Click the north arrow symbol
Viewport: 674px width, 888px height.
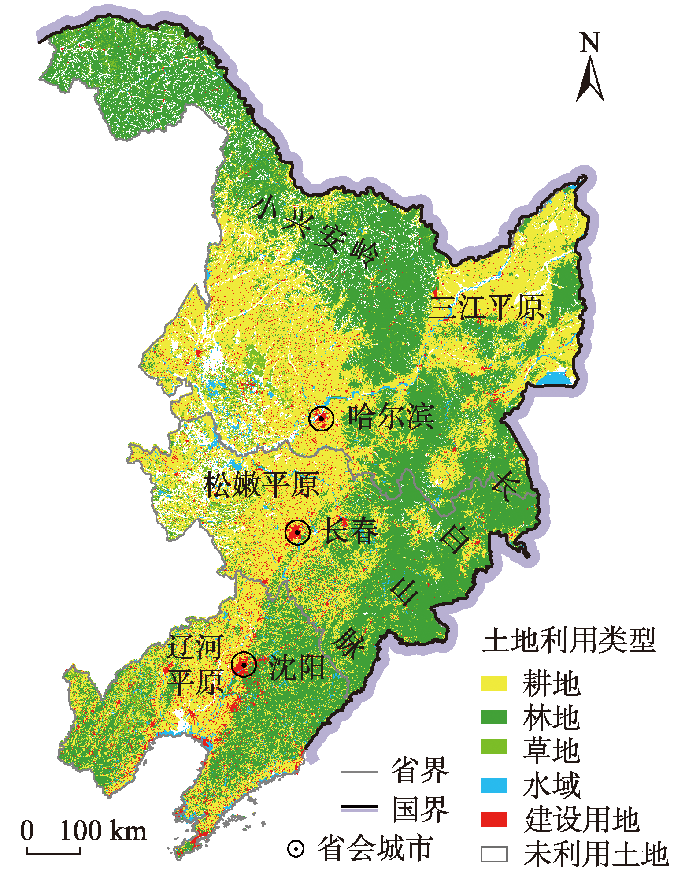590,79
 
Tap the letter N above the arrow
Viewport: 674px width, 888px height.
590,43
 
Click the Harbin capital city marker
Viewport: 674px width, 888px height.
322,418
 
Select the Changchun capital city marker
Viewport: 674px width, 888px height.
297,532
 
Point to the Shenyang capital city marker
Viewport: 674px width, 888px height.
244,664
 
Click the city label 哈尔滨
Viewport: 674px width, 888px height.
392,416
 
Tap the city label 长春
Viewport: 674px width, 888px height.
350,530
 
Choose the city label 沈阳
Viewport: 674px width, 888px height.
296,667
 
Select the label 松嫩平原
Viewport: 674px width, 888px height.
262,484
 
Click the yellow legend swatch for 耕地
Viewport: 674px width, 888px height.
494,683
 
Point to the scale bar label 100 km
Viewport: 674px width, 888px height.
103,831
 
